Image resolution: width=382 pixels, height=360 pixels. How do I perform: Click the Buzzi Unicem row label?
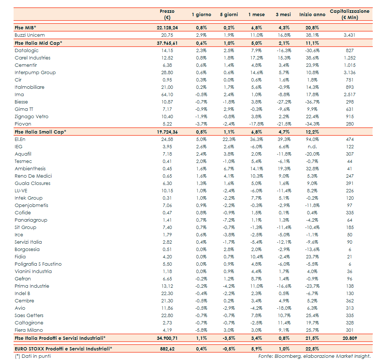tap(30, 35)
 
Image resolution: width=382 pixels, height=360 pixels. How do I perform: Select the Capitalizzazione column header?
tap(350, 14)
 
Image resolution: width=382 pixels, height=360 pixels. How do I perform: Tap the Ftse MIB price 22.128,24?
tap(167, 28)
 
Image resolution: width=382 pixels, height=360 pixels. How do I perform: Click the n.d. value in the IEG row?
tap(313, 147)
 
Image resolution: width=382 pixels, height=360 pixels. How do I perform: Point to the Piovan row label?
tap(23, 124)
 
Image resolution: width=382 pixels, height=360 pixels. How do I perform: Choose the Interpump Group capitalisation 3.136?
tap(350, 73)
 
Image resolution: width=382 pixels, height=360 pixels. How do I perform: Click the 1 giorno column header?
tap(201, 15)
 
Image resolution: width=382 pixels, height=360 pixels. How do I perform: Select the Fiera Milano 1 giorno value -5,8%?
tap(201, 330)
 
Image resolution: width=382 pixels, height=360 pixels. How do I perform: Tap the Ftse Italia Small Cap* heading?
tap(40, 132)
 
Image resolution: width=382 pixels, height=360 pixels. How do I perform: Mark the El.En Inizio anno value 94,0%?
tap(312, 139)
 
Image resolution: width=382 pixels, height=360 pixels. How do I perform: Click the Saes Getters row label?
tap(29, 316)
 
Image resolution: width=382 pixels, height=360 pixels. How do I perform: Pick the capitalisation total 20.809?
tap(350, 338)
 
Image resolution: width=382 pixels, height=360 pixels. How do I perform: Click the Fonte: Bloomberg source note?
tap(314, 356)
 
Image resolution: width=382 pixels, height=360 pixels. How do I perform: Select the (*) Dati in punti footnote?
tap(33, 356)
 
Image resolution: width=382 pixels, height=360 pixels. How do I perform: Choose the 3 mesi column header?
tap(283, 15)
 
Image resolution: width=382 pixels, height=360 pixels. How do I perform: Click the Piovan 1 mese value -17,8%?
tap(256, 124)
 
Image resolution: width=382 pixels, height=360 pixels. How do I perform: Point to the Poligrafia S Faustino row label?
tap(38, 264)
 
